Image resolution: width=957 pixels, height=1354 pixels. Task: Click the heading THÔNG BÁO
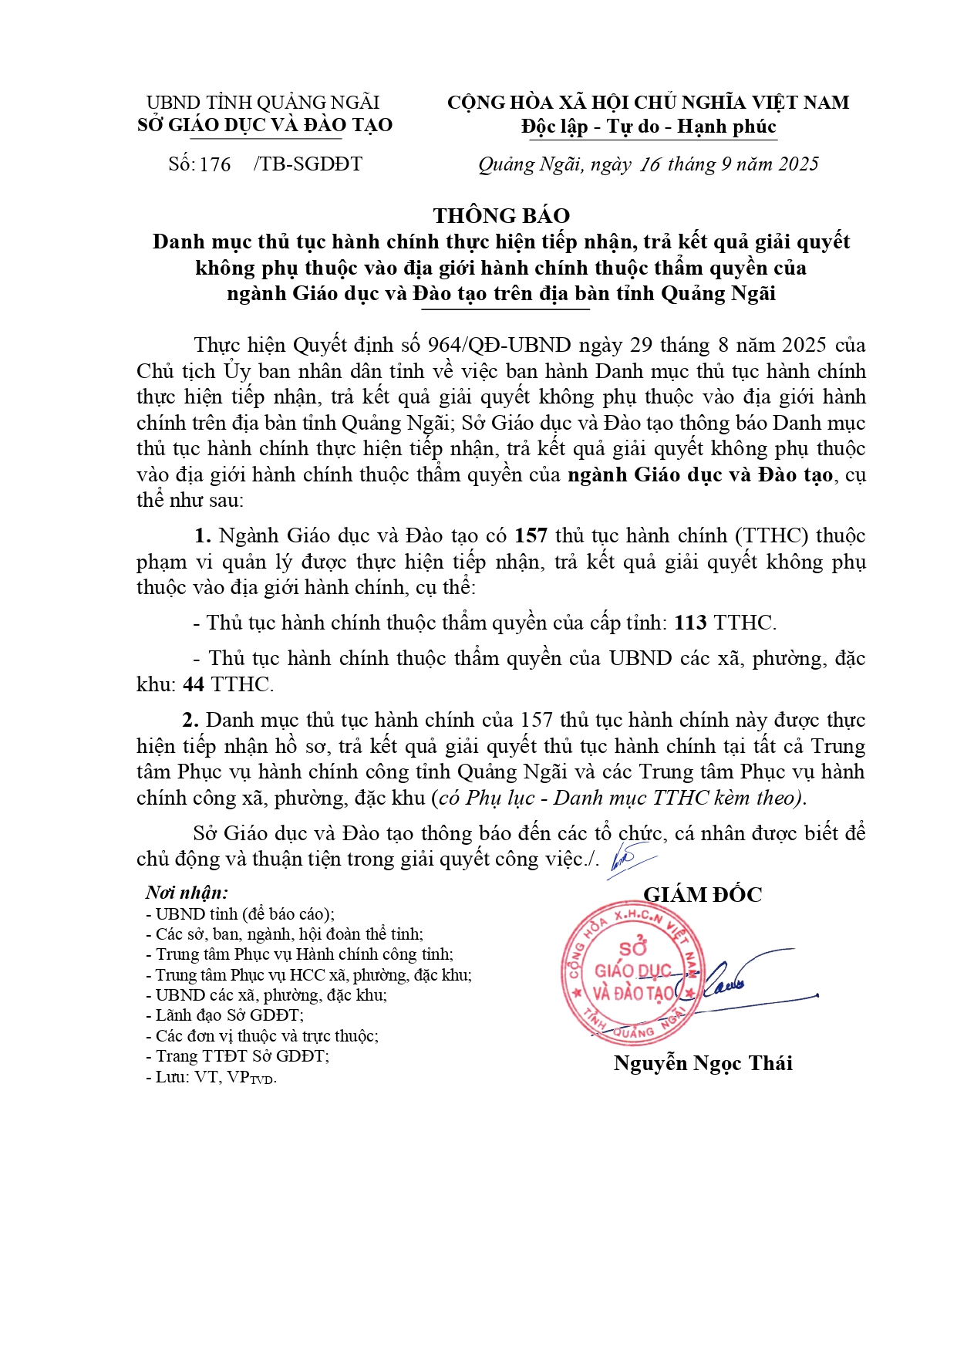pos(501,215)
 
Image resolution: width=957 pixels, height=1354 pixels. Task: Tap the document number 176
pos(215,164)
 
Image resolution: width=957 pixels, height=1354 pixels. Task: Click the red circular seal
pos(631,972)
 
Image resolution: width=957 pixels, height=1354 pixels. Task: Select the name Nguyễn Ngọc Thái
pos(703,1063)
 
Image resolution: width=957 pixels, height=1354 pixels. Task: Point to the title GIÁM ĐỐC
pos(703,895)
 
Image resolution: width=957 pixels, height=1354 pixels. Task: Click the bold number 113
pos(691,623)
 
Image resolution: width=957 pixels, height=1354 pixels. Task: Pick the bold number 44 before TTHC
pos(194,684)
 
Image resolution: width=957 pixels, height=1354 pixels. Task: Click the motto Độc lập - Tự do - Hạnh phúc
pos(649,127)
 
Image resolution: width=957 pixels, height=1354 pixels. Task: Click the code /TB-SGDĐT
pos(308,164)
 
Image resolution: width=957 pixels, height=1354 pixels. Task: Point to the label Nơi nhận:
pos(187,893)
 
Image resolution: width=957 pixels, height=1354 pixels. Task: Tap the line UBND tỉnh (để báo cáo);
pos(240,914)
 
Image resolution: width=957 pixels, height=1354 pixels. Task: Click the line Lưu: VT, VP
pos(211,1077)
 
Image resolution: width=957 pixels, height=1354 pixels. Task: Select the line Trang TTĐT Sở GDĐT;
pos(238,1056)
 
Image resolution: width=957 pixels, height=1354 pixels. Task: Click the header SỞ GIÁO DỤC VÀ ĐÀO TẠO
pos(265,125)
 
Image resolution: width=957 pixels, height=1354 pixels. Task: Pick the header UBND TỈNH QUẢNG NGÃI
pos(263,103)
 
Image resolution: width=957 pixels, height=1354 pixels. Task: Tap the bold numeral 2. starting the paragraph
pos(191,721)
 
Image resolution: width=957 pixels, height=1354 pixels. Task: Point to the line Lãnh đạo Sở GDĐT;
pos(225,1016)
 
